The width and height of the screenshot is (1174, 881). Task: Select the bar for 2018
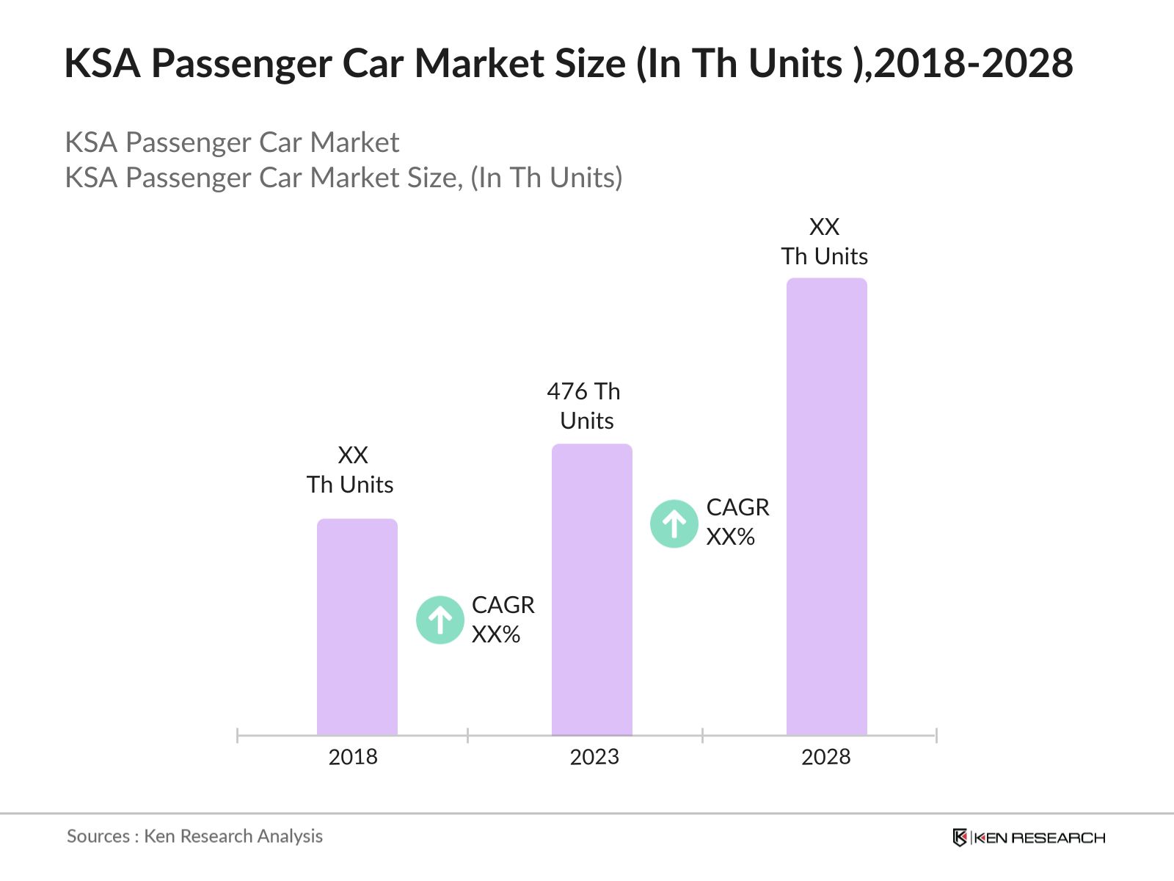pos(357,628)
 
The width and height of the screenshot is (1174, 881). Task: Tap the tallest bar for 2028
pos(826,507)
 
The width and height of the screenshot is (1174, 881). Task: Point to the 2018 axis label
pos(353,757)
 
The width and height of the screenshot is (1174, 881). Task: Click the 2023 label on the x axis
pos(594,757)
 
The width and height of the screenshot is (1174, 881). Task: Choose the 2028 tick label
pos(825,757)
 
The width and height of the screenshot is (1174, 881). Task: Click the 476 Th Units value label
pos(585,406)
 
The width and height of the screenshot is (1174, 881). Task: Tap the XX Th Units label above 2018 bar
pos(351,470)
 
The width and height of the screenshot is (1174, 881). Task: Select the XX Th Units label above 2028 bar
pos(824,242)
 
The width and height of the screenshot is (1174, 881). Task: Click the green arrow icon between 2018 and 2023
pos(440,620)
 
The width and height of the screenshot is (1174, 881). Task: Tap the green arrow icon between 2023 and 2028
pos(674,524)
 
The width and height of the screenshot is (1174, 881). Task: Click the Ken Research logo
pos(1028,838)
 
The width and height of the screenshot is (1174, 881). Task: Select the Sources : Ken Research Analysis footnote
pos(194,836)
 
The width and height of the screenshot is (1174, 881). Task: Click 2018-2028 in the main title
pos(973,63)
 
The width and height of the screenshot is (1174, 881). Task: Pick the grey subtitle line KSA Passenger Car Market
pos(232,142)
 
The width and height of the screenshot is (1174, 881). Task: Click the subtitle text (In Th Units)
pos(546,178)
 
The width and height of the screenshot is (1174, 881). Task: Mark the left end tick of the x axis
pos(238,735)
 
